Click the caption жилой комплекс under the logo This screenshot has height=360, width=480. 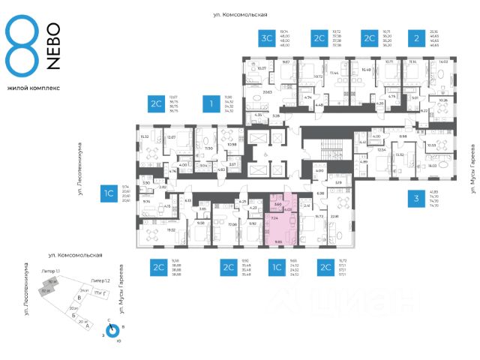33,88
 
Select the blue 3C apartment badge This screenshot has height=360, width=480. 266,38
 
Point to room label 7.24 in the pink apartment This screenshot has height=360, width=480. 274,217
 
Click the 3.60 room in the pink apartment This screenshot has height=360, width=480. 277,204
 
